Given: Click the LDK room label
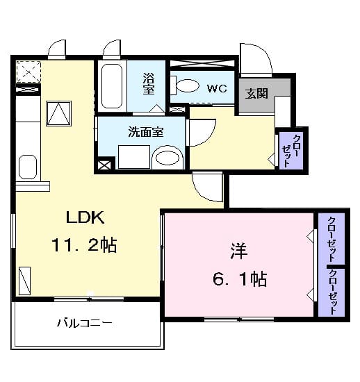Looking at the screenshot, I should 85,217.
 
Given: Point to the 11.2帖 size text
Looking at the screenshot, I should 83,244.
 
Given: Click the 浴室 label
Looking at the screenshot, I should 148,83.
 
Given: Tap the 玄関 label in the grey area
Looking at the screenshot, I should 256,94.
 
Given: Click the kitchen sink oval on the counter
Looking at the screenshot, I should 27,167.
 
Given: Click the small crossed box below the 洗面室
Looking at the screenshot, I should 104,165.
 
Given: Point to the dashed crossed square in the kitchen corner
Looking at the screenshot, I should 28,72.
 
